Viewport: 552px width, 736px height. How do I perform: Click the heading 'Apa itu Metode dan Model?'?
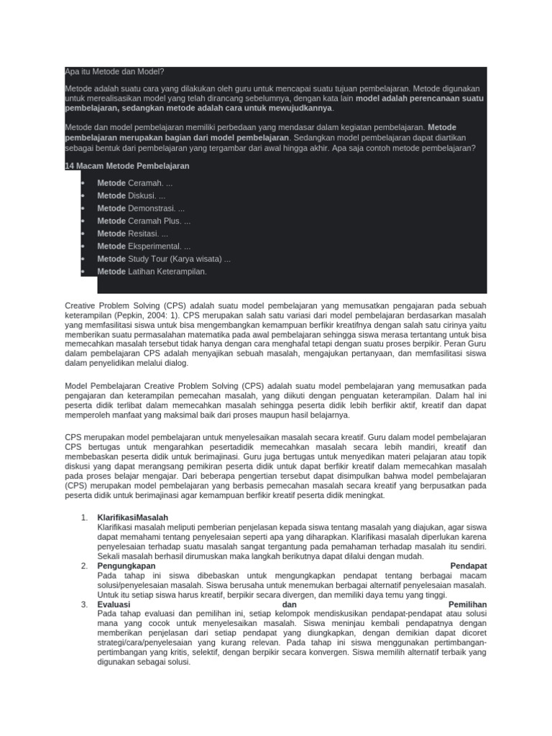click(114, 72)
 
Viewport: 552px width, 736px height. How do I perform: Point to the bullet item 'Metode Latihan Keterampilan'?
click(152, 272)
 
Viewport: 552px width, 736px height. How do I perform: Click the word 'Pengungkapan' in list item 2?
click(126, 566)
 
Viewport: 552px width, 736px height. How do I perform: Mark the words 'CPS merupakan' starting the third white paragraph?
click(93, 436)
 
